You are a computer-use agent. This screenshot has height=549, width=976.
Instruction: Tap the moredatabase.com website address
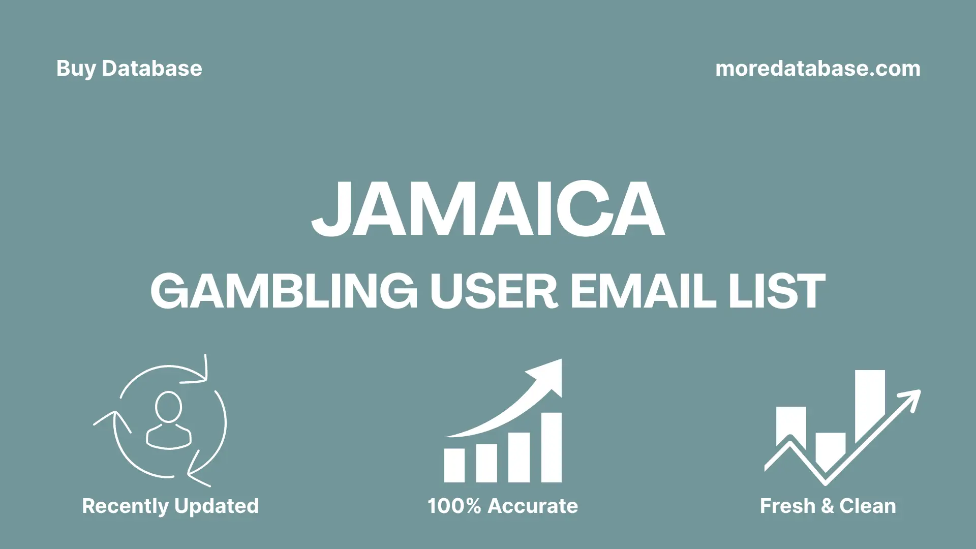coord(817,69)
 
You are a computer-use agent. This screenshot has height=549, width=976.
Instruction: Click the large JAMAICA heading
coord(487,209)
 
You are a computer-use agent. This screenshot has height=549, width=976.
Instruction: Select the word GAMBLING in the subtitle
coord(284,291)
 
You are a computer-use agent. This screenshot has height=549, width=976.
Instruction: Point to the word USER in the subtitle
coord(494,291)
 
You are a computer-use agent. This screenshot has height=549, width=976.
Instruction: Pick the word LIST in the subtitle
coord(777,291)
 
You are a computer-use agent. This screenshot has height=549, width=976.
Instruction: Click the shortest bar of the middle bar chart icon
coord(454,465)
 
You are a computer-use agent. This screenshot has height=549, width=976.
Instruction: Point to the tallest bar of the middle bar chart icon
coord(551,447)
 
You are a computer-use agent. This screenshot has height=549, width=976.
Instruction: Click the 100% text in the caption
coord(454,506)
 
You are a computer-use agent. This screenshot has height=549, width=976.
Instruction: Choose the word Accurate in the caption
coord(532,506)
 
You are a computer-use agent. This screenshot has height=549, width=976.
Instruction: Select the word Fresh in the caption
coord(787,506)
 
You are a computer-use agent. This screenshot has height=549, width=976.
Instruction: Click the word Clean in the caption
coord(867,506)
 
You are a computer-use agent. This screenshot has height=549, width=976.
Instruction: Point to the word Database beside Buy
coord(151,69)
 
